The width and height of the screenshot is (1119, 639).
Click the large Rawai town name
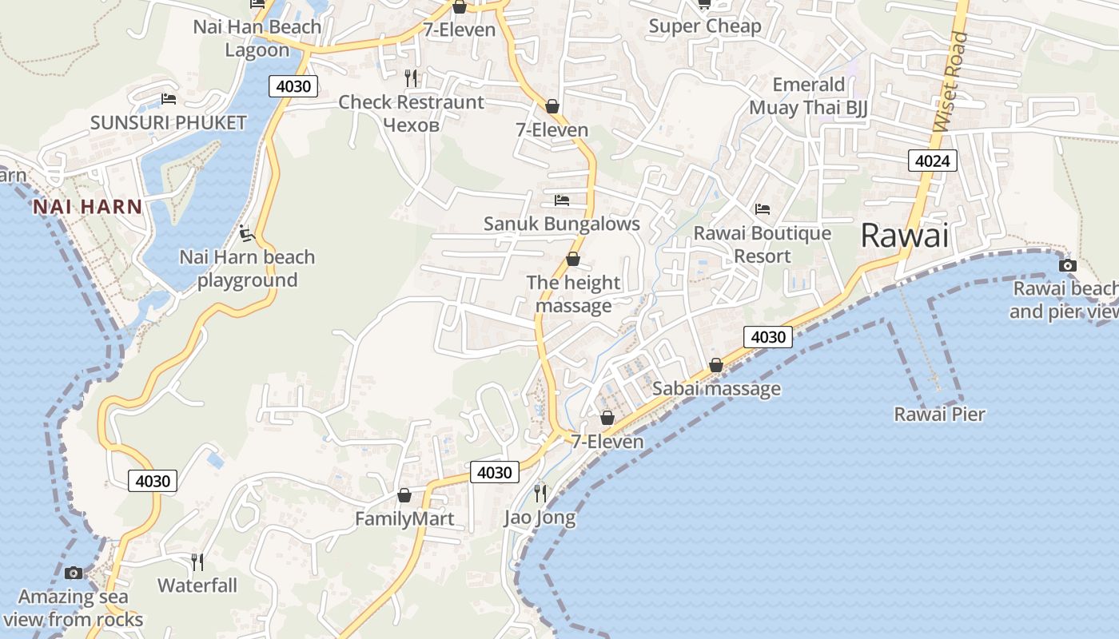[x=905, y=236]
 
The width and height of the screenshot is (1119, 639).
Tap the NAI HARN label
[x=87, y=207]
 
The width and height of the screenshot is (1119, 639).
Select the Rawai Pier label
[x=939, y=414]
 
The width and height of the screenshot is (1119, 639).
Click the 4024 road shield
[x=932, y=161]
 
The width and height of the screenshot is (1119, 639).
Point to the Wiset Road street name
[x=950, y=82]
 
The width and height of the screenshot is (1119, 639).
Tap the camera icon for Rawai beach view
[x=1067, y=265]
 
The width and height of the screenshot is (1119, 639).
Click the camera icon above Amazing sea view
[x=74, y=573]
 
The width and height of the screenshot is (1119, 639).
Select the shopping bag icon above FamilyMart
[x=404, y=495]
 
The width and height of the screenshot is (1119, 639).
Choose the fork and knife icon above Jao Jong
[x=540, y=493]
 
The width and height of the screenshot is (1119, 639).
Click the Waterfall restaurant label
[x=197, y=585]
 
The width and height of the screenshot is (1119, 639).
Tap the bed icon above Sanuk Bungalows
[x=562, y=200]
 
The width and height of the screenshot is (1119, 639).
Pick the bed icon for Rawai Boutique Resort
[x=763, y=209]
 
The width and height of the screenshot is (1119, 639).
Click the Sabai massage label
[x=716, y=389]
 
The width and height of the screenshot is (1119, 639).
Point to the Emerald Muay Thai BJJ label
[x=808, y=96]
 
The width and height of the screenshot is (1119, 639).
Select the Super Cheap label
[x=705, y=26]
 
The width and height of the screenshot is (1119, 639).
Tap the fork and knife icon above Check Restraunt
[x=411, y=77]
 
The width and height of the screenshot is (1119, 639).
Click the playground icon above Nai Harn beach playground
[x=247, y=233]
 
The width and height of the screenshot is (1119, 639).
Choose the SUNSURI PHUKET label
[x=168, y=123]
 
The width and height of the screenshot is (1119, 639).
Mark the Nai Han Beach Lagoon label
[x=257, y=38]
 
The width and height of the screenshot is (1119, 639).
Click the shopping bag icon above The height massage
[x=573, y=259]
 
